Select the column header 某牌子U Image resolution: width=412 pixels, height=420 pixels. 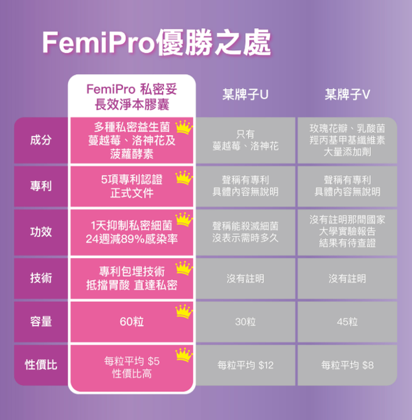245,95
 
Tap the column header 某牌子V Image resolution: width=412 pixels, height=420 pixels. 347,95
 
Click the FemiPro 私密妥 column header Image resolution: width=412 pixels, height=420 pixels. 132,97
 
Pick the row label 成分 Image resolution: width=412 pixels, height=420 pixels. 41,140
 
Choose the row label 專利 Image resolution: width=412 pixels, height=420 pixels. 41,186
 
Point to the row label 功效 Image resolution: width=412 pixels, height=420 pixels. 41,232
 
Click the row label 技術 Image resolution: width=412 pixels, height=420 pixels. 41,278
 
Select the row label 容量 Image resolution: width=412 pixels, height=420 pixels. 41,321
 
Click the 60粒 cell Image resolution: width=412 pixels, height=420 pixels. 132,322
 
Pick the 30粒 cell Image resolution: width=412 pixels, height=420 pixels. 245,322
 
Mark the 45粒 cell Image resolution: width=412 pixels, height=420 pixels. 347,322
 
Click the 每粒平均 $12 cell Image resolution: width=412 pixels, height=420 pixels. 245,365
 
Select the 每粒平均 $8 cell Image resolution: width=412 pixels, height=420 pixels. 347,365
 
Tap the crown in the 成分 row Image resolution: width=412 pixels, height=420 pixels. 183,128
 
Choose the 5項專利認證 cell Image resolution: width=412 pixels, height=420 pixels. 132,186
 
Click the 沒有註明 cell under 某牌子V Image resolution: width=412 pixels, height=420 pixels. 347,279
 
